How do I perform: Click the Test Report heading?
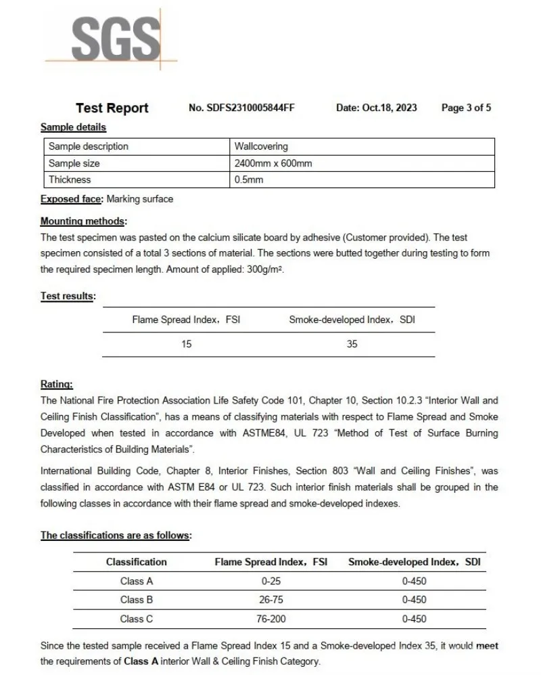(112, 108)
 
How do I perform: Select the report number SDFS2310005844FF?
(241, 108)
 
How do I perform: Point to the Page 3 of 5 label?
(466, 108)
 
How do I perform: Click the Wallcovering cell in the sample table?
(261, 146)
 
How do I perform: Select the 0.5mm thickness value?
(248, 180)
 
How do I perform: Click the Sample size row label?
(74, 163)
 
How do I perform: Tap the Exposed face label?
(72, 199)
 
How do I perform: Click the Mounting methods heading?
(83, 221)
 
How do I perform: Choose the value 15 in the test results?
(187, 344)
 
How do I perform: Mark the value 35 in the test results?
(352, 344)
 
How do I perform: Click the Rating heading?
(57, 385)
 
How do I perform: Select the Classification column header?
(137, 562)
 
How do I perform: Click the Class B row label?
(137, 599)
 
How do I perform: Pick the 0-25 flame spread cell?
(271, 581)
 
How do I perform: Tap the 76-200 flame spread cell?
(271, 618)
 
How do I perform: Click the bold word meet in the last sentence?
(487, 647)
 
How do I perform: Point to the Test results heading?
(68, 296)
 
